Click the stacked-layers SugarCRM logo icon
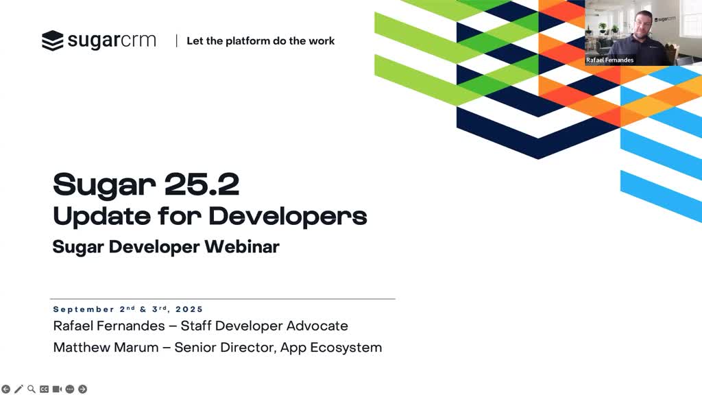pyautogui.click(x=52, y=40)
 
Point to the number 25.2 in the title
pyautogui.click(x=202, y=184)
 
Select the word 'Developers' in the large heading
pyautogui.click(x=288, y=216)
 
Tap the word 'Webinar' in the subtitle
pyautogui.click(x=242, y=247)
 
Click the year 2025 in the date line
pyautogui.click(x=189, y=309)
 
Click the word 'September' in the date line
pyautogui.click(x=84, y=309)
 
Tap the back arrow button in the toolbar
pyautogui.click(x=5, y=390)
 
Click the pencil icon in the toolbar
pyautogui.click(x=19, y=390)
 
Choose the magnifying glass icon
pyautogui.click(x=32, y=390)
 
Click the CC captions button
pyautogui.click(x=44, y=390)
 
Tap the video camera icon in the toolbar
pyautogui.click(x=57, y=390)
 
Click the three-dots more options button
pyautogui.click(x=70, y=390)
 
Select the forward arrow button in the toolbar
pyautogui.click(x=82, y=390)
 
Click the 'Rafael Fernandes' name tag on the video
pyautogui.click(x=609, y=60)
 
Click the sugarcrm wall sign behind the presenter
pyautogui.click(x=665, y=19)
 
